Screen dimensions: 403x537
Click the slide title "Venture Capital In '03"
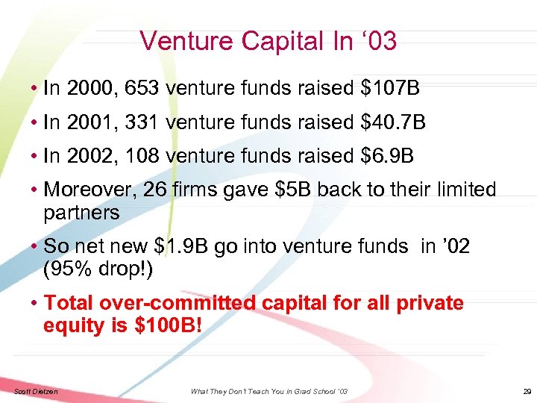click(268, 40)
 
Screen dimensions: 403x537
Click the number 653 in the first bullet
click(142, 90)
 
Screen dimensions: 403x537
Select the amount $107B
click(390, 90)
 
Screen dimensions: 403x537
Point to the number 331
click(142, 122)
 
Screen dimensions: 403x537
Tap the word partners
click(81, 212)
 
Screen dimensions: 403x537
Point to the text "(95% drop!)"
click(98, 269)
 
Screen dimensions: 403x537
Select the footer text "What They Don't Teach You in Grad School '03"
click(268, 392)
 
